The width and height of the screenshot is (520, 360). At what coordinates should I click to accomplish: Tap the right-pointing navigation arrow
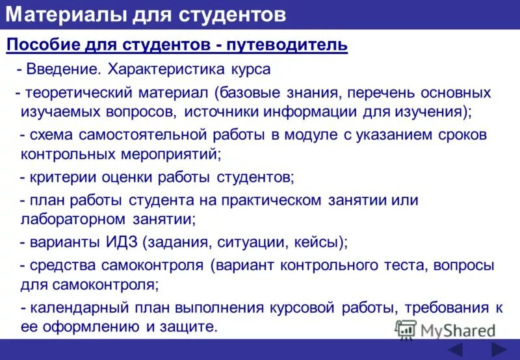499,350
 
